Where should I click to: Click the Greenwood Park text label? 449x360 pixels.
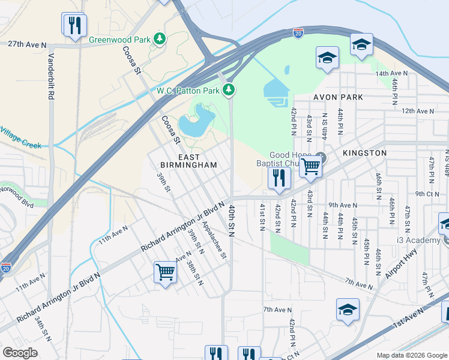tap(120, 40)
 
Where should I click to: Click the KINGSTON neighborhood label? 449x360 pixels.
tap(364, 153)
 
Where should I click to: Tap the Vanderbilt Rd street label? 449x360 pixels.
tap(52, 77)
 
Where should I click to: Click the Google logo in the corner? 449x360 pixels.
tap(20, 353)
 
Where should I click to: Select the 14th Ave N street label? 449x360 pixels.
tap(391, 73)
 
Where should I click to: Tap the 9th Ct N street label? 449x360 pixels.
tap(427, 194)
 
